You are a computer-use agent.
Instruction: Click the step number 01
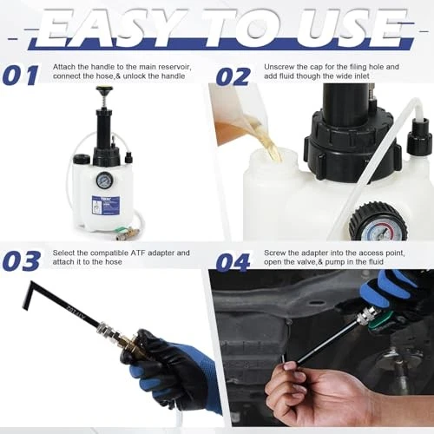point(20,76)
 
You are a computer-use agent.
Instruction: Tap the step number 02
point(233,76)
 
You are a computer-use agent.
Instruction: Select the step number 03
point(22,261)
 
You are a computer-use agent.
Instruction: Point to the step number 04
point(233,262)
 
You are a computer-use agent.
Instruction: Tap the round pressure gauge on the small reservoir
point(104,180)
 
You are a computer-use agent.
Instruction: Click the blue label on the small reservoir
point(106,205)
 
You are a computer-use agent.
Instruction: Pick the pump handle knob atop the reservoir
point(104,89)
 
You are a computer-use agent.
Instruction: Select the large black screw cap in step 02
point(352,145)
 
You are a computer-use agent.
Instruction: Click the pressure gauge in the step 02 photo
point(378,222)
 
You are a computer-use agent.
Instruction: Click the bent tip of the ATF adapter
point(27,295)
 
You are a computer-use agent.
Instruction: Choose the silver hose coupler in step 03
point(104,328)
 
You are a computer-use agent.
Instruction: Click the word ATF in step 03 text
point(138,253)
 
